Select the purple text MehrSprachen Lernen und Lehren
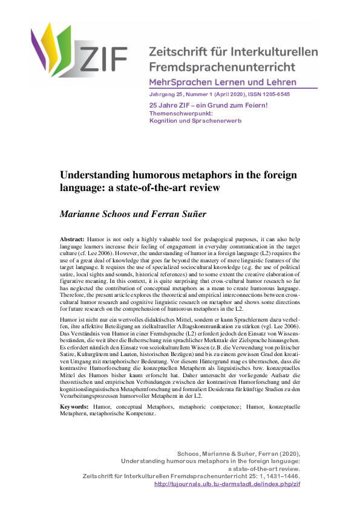223,82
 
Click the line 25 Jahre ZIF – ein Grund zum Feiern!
208,106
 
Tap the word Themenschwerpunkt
175,113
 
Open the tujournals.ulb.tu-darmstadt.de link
236,484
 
